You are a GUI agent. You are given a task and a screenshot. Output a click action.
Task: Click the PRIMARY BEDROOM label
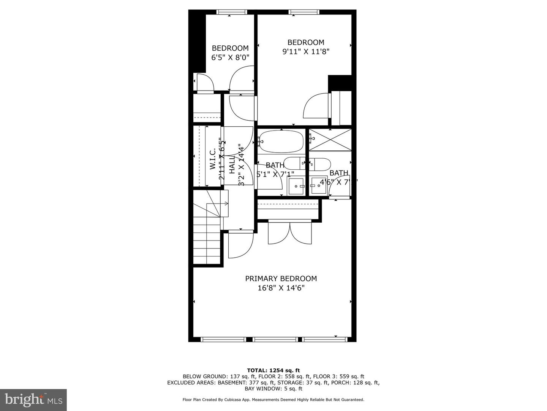click(281, 279)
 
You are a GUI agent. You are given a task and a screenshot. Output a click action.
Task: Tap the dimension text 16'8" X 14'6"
click(281, 288)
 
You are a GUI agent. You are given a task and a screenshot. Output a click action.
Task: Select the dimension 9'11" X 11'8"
click(305, 51)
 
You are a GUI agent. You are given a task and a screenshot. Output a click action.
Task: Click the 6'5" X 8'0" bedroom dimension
click(230, 57)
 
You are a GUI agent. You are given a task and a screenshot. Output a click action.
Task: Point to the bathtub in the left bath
click(281, 142)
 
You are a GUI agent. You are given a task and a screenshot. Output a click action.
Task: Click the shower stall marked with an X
click(330, 140)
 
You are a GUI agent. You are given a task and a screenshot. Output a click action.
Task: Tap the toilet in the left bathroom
click(295, 163)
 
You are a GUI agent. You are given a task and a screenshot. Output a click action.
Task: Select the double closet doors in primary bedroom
click(290, 233)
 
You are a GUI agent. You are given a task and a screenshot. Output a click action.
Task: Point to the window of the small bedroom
click(231, 12)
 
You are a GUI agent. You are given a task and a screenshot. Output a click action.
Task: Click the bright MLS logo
click(33, 400)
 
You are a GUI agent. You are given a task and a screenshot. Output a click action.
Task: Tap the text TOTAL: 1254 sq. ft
click(273, 370)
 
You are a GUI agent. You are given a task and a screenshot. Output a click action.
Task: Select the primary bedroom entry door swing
click(240, 245)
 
